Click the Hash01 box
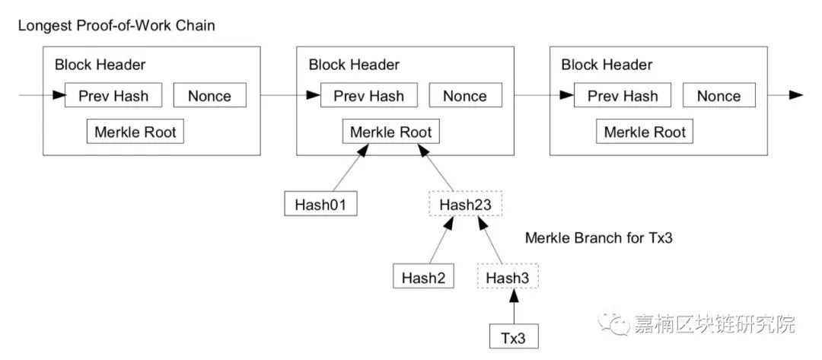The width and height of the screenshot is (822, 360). tap(321, 203)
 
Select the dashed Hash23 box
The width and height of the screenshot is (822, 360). tap(466, 203)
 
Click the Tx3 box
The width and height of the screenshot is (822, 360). tap(513, 337)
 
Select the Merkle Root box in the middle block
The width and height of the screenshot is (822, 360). tap(391, 132)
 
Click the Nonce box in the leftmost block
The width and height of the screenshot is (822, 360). tap(210, 95)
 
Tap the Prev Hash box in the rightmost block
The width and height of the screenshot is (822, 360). tap(623, 95)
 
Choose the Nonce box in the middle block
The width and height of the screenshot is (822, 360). tap(465, 95)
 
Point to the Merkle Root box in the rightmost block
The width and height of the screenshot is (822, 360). tap(645, 132)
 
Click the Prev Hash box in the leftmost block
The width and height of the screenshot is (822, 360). tap(113, 95)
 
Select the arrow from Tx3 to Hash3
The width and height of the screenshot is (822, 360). tap(514, 307)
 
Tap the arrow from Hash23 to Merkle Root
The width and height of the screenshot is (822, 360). tap(436, 167)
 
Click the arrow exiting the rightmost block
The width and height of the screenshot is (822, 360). tap(785, 95)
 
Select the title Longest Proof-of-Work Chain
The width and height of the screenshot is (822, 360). tap(116, 25)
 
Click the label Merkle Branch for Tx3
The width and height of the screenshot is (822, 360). tap(599, 238)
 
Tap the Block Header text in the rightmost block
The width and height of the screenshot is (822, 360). tap(607, 65)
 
